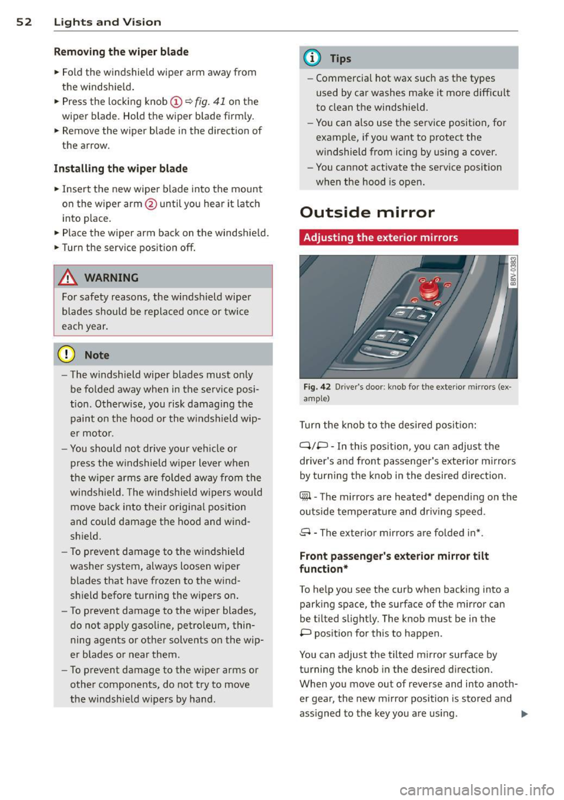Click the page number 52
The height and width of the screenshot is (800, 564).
(x=23, y=22)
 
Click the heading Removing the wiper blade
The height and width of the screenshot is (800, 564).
(x=121, y=52)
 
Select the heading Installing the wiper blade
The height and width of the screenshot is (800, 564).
(x=120, y=169)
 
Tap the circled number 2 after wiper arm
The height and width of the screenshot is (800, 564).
(x=150, y=204)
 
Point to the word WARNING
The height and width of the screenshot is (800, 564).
(x=112, y=278)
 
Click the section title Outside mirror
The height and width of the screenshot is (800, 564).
(x=367, y=212)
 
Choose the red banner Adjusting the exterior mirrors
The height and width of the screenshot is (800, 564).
(x=408, y=237)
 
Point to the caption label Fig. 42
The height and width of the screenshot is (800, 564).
(x=317, y=387)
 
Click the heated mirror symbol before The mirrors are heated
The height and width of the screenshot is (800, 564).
(x=305, y=497)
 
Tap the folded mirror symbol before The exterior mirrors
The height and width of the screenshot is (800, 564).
(x=305, y=533)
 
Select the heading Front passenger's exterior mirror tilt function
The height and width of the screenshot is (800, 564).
(x=394, y=563)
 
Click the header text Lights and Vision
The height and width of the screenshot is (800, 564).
(x=107, y=22)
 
